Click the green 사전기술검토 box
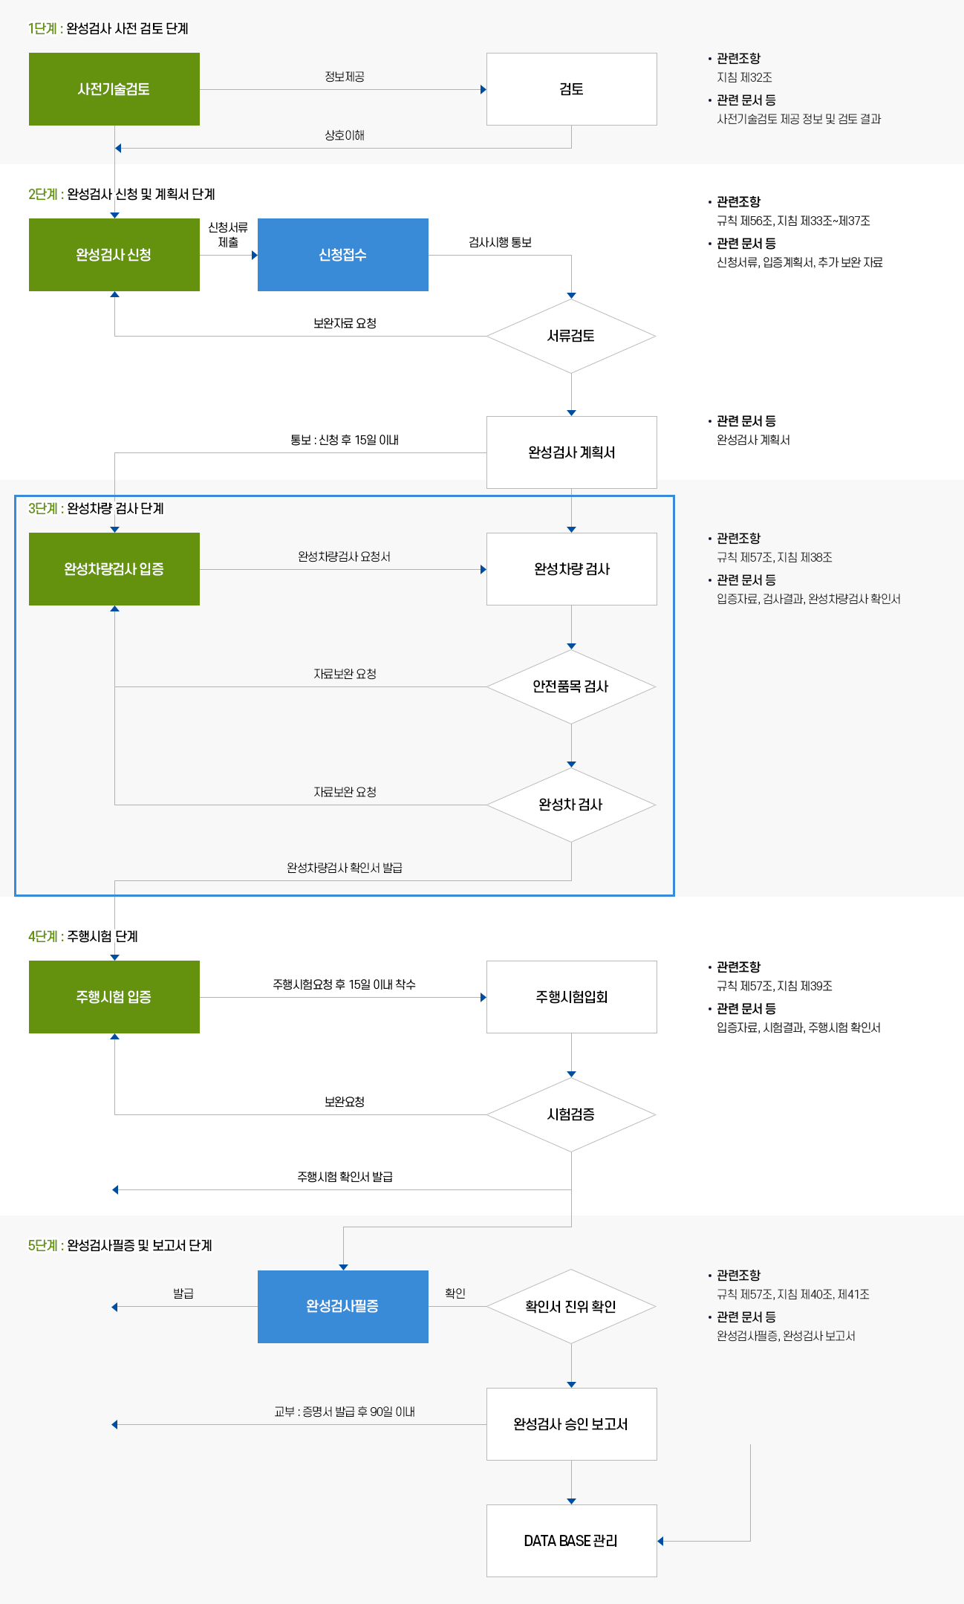(114, 89)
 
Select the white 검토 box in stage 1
(572, 89)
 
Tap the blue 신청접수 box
(343, 255)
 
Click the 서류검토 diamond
(571, 336)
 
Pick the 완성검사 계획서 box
(572, 452)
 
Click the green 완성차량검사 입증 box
(114, 569)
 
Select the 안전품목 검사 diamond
(571, 686)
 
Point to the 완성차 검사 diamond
(571, 805)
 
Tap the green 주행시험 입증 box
(114, 997)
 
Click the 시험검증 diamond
(571, 1114)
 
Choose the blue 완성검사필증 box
(343, 1307)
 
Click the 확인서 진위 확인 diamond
(571, 1307)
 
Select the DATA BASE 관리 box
(572, 1541)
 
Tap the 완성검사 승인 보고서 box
(572, 1424)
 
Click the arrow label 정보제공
(345, 77)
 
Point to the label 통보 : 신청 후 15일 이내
(345, 440)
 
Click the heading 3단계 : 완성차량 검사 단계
(96, 508)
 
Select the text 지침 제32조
(744, 77)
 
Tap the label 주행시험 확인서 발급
(345, 1177)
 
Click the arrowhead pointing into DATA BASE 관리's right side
(660, 1541)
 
